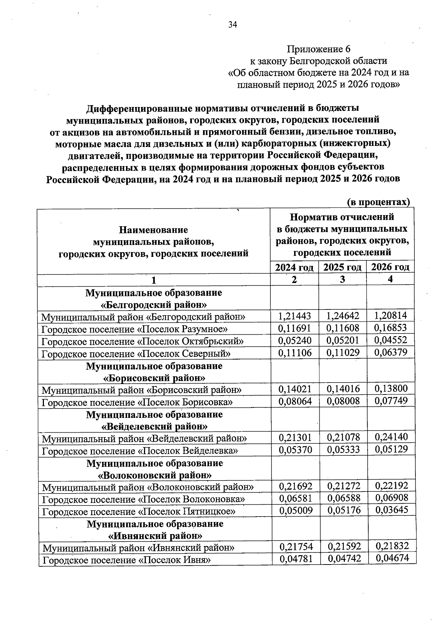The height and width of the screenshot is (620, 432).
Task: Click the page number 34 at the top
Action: (x=233, y=24)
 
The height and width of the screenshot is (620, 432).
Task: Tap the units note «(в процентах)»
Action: (x=378, y=202)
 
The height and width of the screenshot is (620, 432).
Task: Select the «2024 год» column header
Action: (x=294, y=267)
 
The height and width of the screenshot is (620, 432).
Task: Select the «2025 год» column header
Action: (x=342, y=267)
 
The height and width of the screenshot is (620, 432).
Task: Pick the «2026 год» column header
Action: (x=390, y=267)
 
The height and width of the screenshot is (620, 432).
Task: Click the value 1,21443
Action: (x=294, y=316)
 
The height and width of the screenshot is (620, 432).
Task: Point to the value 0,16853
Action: (x=391, y=328)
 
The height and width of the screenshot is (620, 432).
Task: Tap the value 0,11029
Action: (x=343, y=353)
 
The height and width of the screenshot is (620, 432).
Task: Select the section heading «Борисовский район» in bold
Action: (x=154, y=378)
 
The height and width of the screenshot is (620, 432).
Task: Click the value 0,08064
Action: (x=295, y=401)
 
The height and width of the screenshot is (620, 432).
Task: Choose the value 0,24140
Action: (x=391, y=437)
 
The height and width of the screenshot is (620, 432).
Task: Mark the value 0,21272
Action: (x=343, y=486)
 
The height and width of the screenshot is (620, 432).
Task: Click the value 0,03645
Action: (x=392, y=510)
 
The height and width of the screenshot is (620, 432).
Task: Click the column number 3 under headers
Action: (x=342, y=280)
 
